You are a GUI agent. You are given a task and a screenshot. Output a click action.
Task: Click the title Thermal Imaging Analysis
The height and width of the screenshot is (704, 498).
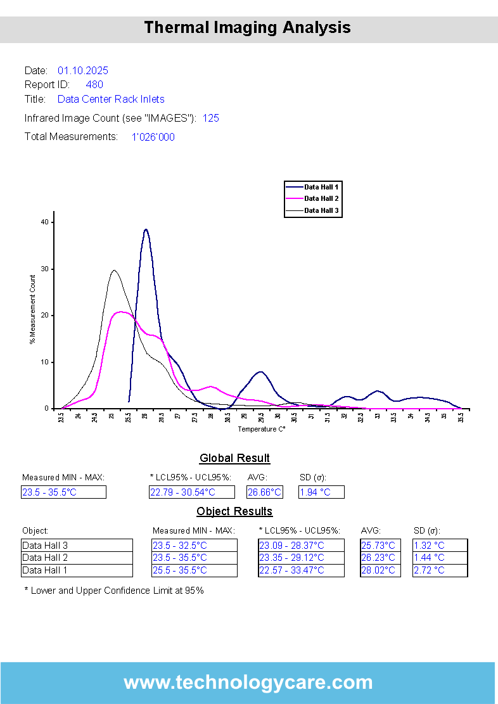pyautogui.click(x=248, y=28)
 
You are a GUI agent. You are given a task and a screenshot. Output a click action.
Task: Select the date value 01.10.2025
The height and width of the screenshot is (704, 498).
pyautogui.click(x=83, y=70)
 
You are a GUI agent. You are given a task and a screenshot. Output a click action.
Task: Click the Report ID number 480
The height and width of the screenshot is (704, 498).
pyautogui.click(x=94, y=84)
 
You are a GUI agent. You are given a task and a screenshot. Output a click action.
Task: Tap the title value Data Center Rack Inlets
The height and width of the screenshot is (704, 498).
pyautogui.click(x=111, y=99)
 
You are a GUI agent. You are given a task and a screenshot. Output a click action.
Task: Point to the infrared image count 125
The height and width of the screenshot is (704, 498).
pyautogui.click(x=211, y=118)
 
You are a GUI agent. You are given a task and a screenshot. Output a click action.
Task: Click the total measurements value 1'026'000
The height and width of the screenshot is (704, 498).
pyautogui.click(x=153, y=137)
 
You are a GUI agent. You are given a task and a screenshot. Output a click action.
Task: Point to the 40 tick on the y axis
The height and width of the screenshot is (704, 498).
pyautogui.click(x=44, y=222)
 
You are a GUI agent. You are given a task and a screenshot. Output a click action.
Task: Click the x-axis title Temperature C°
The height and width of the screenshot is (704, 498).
pyautogui.click(x=262, y=429)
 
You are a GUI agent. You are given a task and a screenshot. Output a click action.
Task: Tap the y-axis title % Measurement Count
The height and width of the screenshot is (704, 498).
pyautogui.click(x=32, y=310)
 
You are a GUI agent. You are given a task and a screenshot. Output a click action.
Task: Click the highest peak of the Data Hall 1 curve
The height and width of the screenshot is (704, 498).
pyautogui.click(x=146, y=229)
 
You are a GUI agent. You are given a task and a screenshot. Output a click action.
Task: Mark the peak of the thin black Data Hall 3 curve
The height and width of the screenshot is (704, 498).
pyautogui.click(x=114, y=271)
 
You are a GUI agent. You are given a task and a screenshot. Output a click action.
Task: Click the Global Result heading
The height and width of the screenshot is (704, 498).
pyautogui.click(x=234, y=458)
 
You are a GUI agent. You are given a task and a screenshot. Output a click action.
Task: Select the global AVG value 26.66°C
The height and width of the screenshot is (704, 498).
pyautogui.click(x=264, y=492)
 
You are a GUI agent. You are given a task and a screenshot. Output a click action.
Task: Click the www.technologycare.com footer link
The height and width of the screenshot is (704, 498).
pyautogui.click(x=248, y=682)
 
